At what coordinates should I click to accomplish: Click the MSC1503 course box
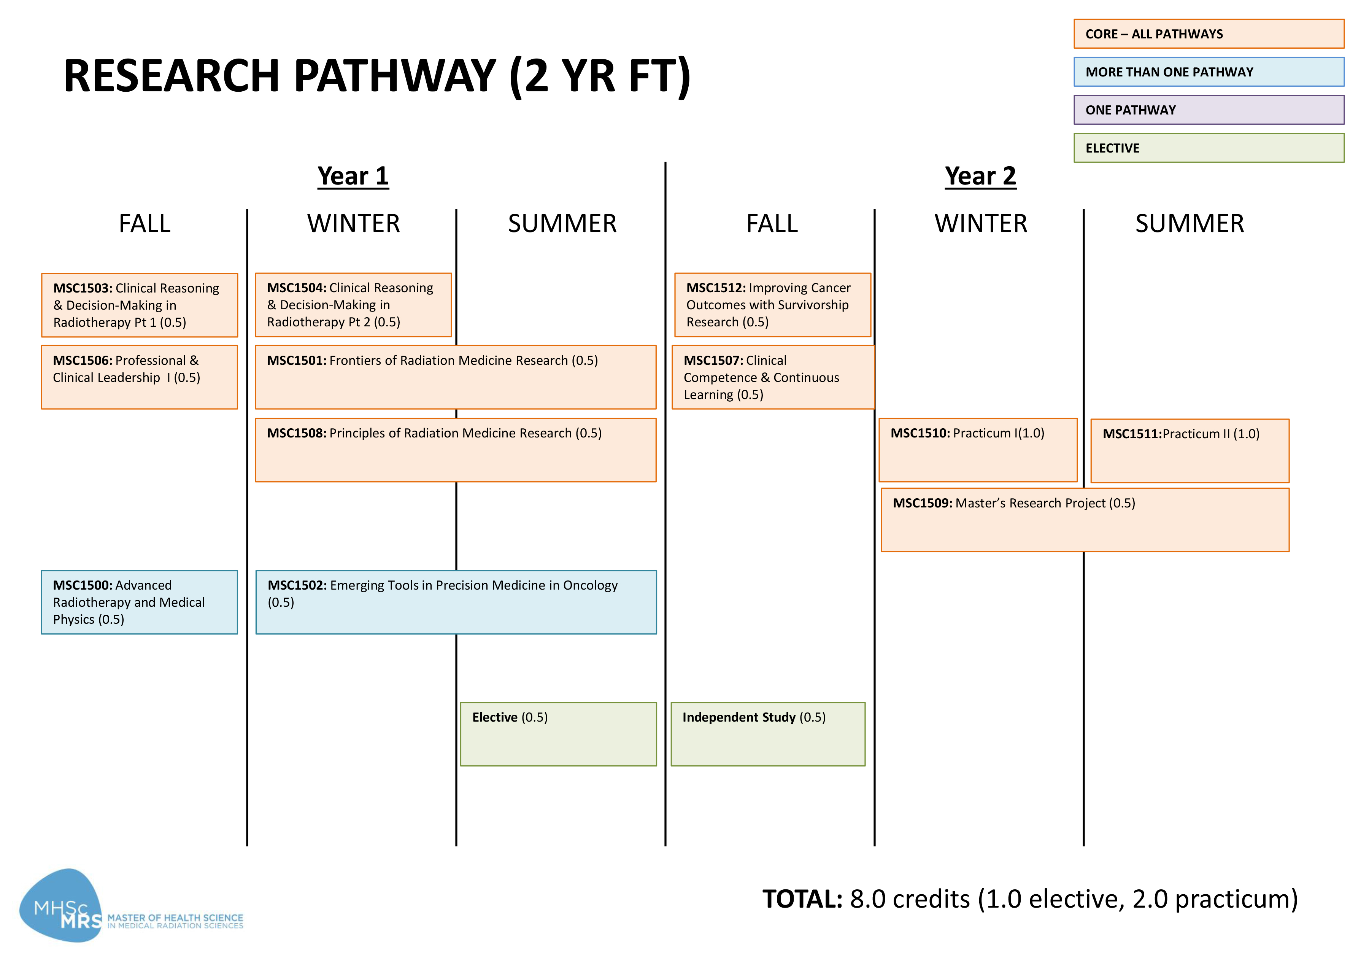click(139, 305)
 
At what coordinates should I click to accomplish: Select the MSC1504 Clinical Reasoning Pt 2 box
click(353, 305)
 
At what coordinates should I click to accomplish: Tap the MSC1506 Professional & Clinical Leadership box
click(139, 377)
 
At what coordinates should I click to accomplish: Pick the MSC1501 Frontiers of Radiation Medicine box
click(456, 377)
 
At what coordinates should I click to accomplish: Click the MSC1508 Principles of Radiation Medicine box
click(456, 450)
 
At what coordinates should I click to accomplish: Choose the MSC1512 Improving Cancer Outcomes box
click(773, 305)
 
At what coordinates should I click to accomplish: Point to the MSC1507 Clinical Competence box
click(773, 377)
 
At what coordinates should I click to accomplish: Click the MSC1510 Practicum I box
click(978, 450)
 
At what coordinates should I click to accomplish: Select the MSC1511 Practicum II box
click(1190, 451)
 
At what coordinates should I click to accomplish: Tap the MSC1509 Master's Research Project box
click(1085, 520)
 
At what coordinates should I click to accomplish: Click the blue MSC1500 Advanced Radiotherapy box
click(139, 602)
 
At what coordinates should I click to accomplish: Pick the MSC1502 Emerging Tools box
click(456, 602)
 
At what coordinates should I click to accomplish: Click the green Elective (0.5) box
click(558, 734)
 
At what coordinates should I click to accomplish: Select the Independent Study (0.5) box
click(768, 734)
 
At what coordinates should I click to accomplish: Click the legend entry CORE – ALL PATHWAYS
click(1209, 33)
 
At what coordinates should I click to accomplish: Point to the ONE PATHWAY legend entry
click(1209, 110)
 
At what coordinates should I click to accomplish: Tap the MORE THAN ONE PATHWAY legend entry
click(1209, 72)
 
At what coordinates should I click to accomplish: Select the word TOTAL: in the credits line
click(802, 899)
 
